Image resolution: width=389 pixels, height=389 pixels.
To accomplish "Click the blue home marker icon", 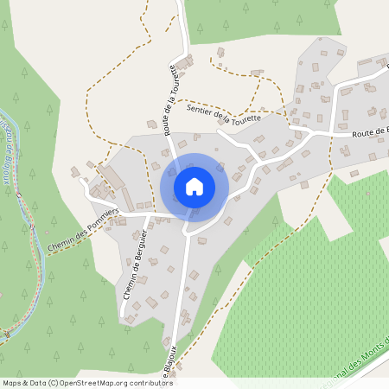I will click(194, 186).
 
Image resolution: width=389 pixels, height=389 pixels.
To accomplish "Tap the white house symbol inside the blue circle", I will click(194, 186).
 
